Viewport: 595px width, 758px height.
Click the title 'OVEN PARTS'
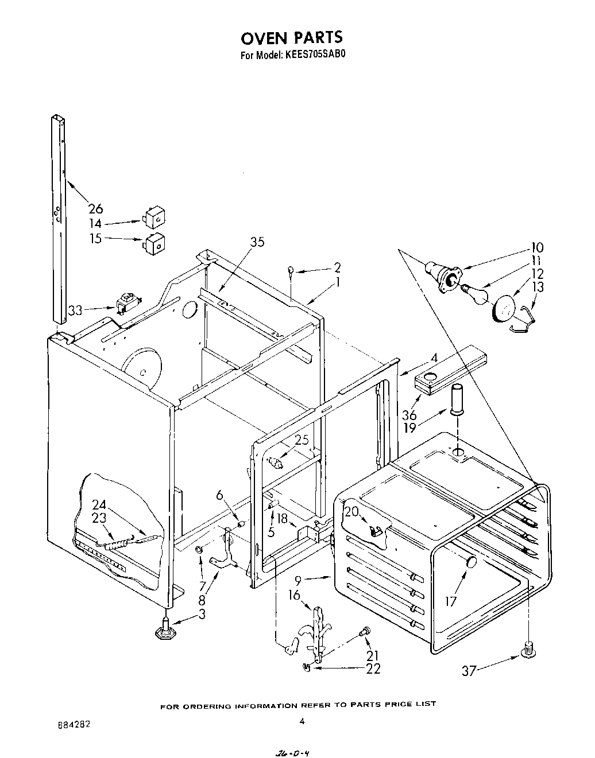pyautogui.click(x=291, y=37)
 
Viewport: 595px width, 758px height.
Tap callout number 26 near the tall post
pyautogui.click(x=95, y=208)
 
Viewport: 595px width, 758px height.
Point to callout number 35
pyautogui.click(x=257, y=242)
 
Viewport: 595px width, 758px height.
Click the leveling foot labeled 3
pyautogui.click(x=164, y=630)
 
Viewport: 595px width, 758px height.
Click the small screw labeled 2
pyautogui.click(x=291, y=270)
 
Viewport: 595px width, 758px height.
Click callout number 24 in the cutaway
pyautogui.click(x=100, y=504)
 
